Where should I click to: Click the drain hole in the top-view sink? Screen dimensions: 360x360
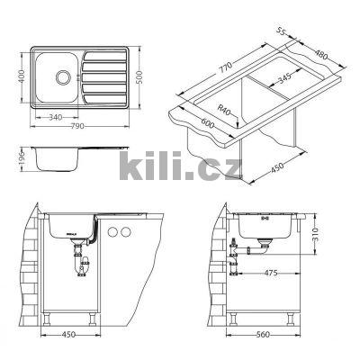coord(65,76)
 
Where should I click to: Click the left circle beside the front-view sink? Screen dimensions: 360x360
coord(112,233)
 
